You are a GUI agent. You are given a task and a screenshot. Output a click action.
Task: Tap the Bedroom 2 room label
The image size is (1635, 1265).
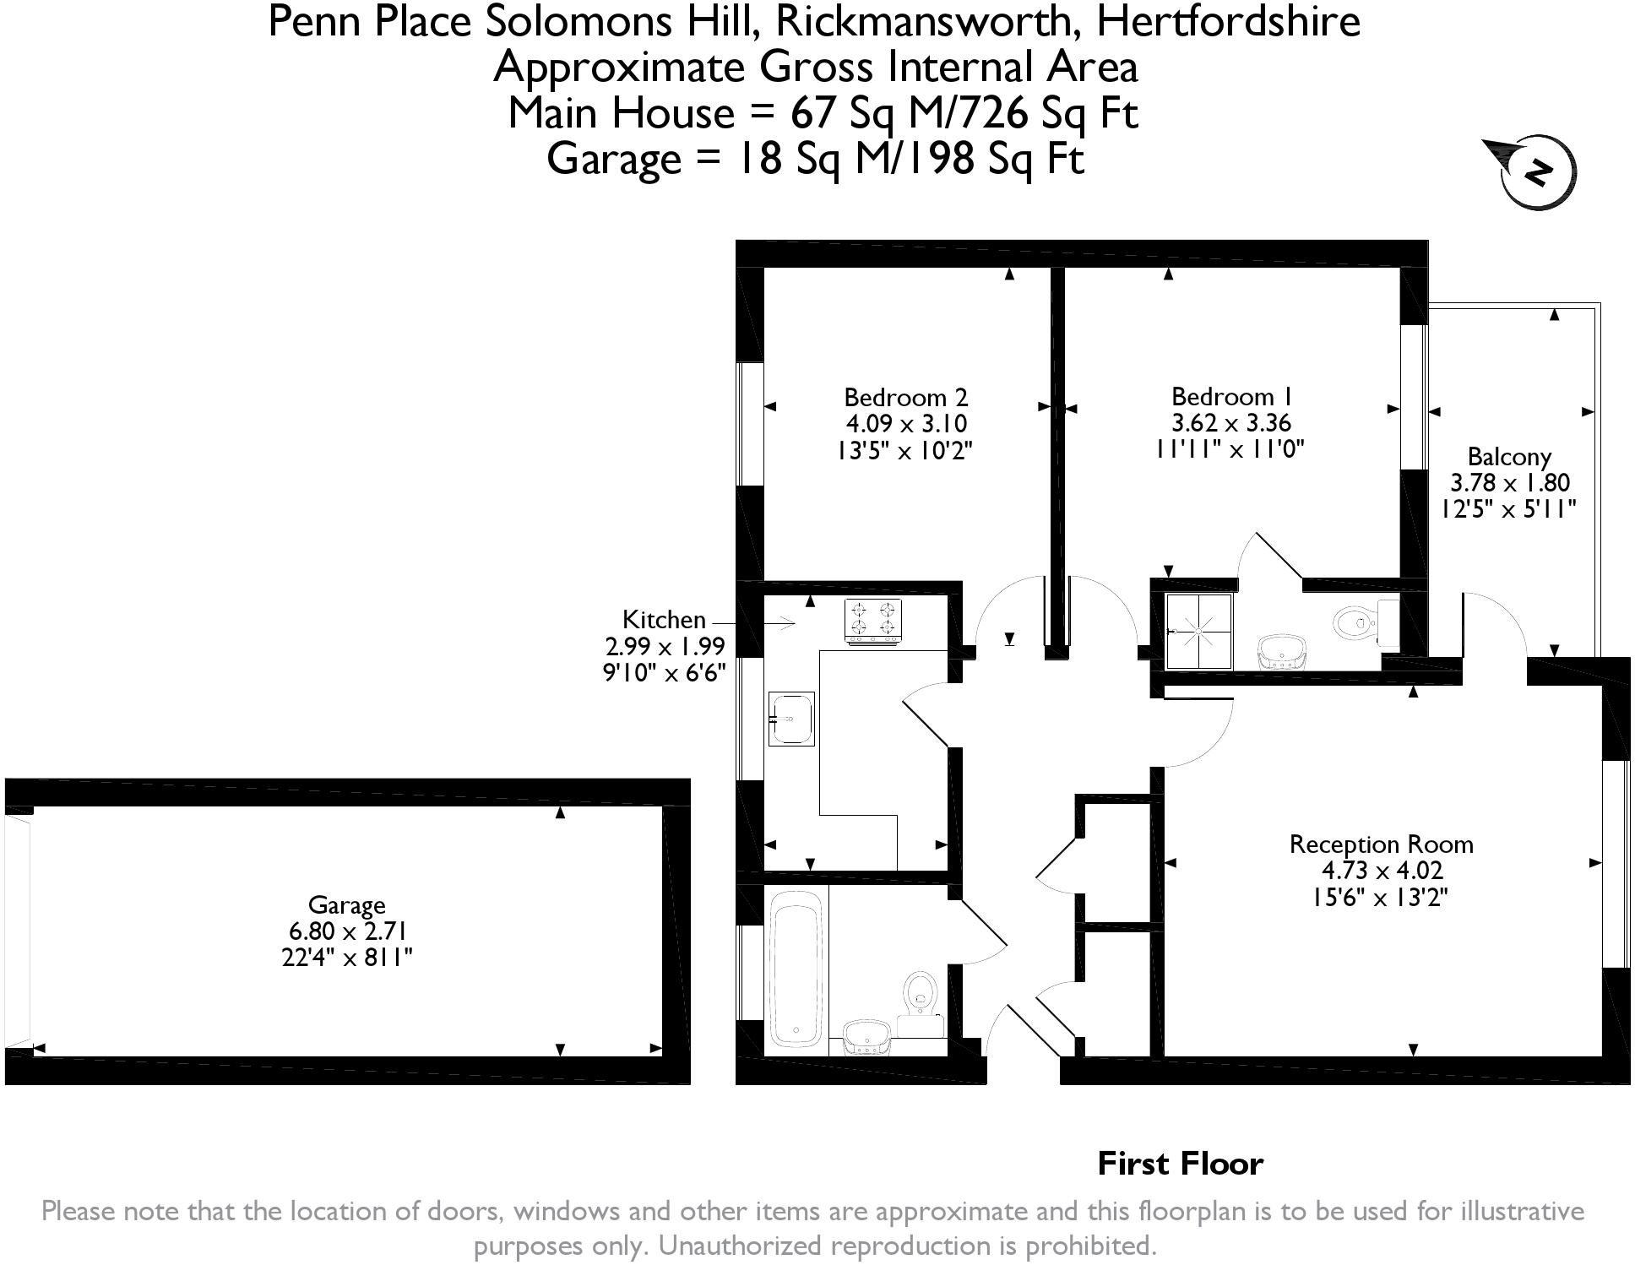[x=905, y=397]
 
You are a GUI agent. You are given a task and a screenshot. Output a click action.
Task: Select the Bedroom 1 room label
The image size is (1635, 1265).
[x=1231, y=396]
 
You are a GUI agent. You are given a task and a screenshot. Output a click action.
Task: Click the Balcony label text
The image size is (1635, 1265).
[x=1509, y=457]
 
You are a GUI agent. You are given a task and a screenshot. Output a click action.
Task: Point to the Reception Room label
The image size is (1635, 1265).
[x=1381, y=844]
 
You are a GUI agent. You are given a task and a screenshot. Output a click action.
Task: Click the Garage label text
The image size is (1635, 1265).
[x=346, y=905]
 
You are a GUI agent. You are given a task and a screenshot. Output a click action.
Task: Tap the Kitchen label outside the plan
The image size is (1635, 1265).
[x=664, y=620]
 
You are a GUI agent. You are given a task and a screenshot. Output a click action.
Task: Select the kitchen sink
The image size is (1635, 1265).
[x=791, y=719]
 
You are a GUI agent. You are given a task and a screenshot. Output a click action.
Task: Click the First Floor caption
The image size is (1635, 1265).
[x=1180, y=1164]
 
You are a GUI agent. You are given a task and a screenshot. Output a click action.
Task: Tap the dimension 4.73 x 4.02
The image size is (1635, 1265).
[x=1382, y=870]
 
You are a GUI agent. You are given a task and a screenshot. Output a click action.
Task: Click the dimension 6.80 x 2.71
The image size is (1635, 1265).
[x=347, y=931]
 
